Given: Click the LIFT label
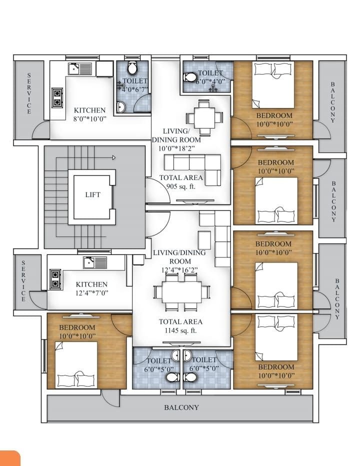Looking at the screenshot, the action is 92,194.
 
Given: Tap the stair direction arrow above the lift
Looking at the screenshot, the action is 114,157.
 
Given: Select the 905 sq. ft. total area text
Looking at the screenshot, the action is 181,186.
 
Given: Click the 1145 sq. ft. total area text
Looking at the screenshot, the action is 180,330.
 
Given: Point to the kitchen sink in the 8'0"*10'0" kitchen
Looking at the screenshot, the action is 80,68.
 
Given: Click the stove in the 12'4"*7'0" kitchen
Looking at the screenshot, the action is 55,279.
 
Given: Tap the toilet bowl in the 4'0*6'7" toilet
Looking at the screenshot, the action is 132,68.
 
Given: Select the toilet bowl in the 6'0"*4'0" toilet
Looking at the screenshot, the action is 190,77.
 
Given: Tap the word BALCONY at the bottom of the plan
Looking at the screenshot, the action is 181,407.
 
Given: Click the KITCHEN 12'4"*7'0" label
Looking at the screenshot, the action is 91,288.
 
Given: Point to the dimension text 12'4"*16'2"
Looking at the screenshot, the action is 180,270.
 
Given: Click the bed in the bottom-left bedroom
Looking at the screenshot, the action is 76,365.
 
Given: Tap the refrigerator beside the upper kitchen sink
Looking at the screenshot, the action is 104,69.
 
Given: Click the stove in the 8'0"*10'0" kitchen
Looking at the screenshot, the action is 57,98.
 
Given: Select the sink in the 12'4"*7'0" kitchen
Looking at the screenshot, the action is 95,262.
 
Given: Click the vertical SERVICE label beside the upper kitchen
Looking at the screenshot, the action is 29,93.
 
